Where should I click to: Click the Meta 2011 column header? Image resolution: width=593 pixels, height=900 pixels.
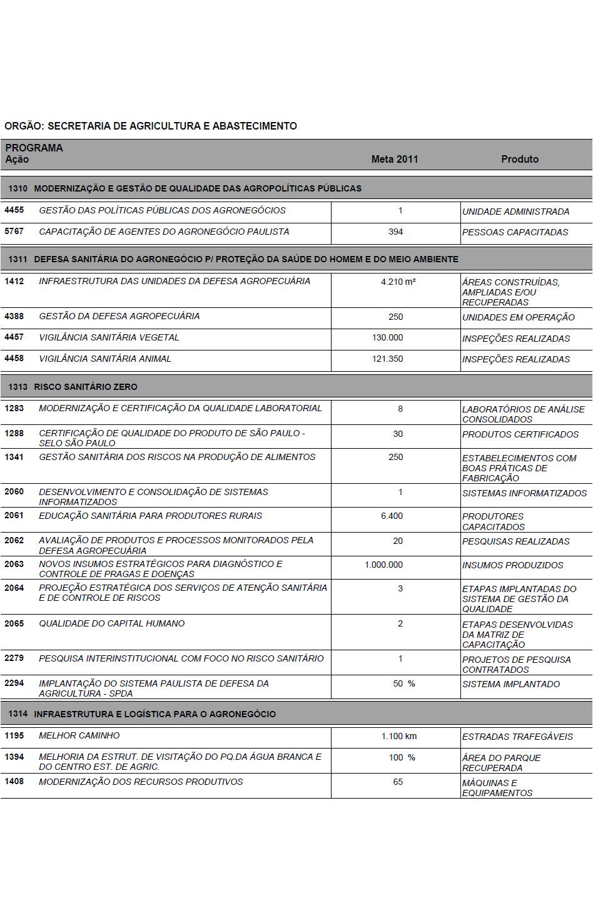[394, 159]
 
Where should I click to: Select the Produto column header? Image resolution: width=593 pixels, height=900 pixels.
[519, 159]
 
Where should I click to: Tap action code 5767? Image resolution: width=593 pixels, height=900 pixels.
[14, 232]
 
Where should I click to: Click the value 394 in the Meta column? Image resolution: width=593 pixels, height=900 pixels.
[395, 232]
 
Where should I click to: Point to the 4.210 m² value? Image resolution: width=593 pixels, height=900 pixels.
[398, 282]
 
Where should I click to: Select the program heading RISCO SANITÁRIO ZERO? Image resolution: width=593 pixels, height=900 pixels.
[86, 387]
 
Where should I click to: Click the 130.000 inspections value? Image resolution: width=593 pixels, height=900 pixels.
[387, 337]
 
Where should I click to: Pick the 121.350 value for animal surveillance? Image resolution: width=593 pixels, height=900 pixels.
[387, 359]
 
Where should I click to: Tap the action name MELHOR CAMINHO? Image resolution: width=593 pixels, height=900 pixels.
[79, 735]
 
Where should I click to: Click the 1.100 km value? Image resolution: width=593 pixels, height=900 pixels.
[398, 736]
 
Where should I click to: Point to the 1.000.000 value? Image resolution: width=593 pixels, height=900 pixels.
[383, 565]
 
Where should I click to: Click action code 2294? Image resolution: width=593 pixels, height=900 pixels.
[14, 683]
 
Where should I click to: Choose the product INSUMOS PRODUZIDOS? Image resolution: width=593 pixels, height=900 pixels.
[512, 565]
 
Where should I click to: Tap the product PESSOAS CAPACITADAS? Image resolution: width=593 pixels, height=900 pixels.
[515, 232]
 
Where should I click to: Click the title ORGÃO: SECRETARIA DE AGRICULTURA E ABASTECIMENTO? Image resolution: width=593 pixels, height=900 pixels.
[150, 126]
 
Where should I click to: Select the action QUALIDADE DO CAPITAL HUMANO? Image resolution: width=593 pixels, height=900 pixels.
[111, 623]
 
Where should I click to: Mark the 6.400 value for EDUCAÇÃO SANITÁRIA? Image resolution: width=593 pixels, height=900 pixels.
[392, 516]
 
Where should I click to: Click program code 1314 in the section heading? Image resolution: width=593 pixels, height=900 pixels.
[18, 714]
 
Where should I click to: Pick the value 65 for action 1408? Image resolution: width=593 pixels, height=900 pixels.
[398, 782]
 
